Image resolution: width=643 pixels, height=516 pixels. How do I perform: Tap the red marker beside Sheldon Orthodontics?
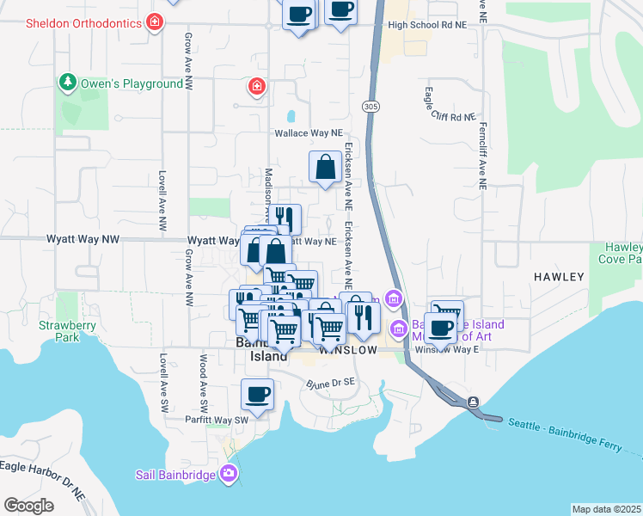tap(154, 21)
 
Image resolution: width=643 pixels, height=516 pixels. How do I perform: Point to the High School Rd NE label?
tap(427, 25)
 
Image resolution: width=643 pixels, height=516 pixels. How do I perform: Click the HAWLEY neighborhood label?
tap(559, 277)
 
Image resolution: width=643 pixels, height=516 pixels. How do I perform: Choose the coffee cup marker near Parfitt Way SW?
tap(257, 395)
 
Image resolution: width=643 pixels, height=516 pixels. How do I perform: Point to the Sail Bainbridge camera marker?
tap(228, 472)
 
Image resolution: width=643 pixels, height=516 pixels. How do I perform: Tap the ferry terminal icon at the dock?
tap(473, 402)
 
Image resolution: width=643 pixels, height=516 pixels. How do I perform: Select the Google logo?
tap(28, 506)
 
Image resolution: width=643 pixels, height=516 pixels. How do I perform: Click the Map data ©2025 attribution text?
tap(606, 509)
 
